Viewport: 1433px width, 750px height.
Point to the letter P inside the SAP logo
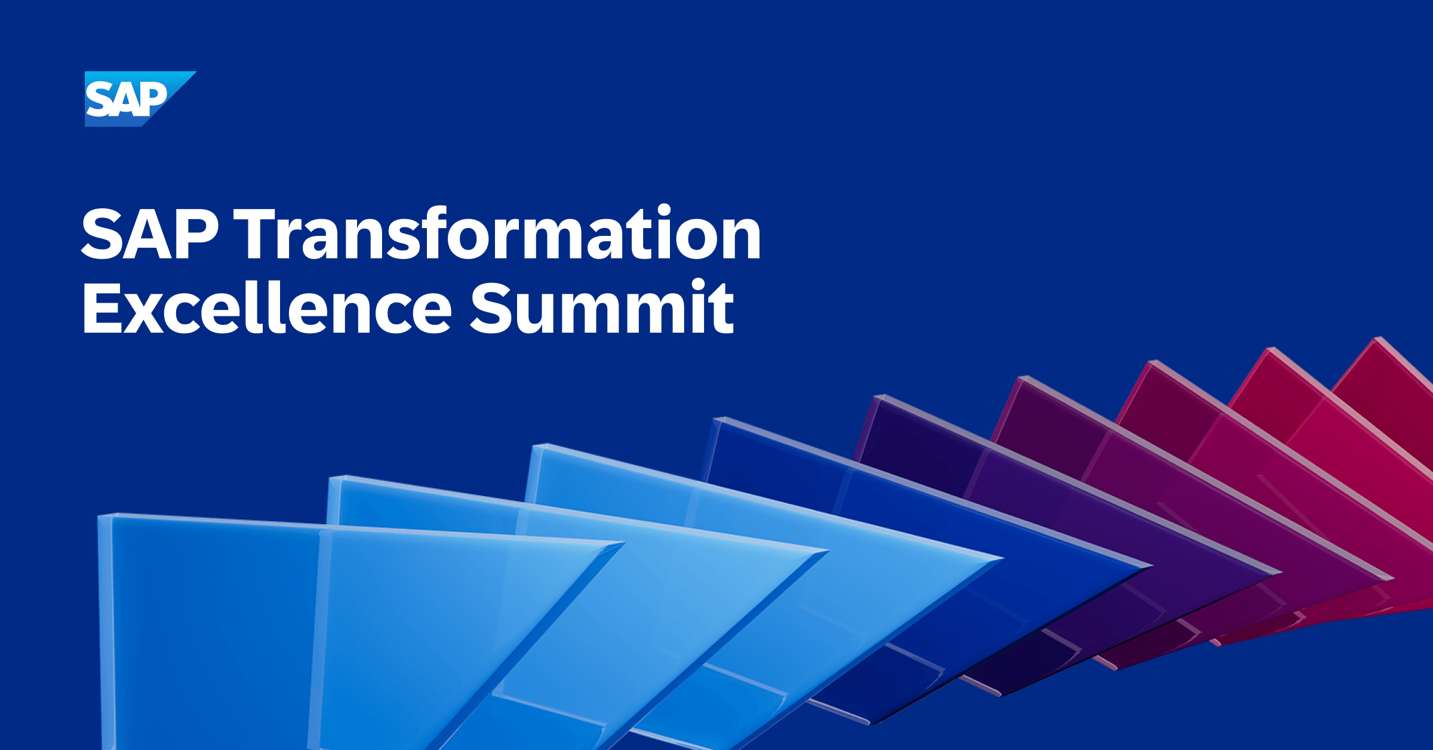[154, 99]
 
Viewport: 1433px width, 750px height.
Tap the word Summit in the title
[602, 308]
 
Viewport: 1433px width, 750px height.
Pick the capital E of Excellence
[101, 309]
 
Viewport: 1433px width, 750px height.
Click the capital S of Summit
[493, 309]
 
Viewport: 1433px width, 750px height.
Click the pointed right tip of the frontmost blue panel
[622, 543]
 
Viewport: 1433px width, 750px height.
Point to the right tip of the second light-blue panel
[827, 551]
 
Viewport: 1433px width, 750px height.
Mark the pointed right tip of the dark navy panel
[1150, 566]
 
